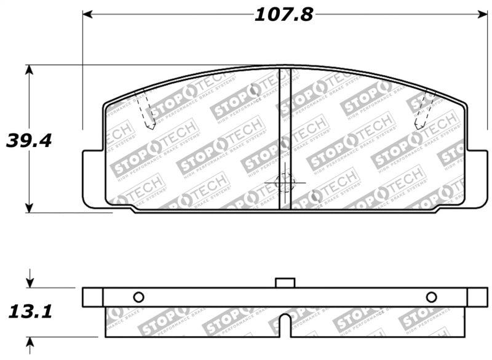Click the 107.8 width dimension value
point(284,14)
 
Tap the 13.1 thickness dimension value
point(29,312)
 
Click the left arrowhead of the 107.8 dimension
point(87,14)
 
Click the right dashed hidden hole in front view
point(424,111)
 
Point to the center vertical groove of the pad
point(285,138)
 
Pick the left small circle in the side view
point(138,297)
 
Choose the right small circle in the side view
point(431,297)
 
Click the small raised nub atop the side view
point(285,282)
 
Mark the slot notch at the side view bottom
point(285,325)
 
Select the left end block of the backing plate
point(92,297)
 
